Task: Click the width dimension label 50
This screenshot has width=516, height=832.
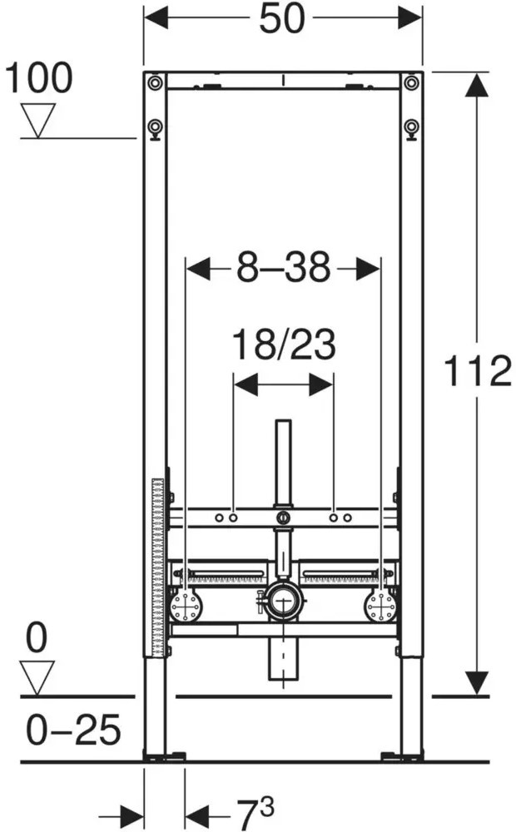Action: click(x=282, y=18)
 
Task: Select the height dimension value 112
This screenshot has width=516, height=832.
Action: click(x=477, y=370)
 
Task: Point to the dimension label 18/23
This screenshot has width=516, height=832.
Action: click(x=284, y=344)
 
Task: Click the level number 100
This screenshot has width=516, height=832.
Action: click(x=39, y=78)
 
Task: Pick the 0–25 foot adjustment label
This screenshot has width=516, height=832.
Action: click(x=74, y=729)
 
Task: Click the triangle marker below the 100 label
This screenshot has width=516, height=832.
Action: click(x=38, y=121)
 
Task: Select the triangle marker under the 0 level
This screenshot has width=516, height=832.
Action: click(x=37, y=677)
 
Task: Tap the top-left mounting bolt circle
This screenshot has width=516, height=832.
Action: click(x=155, y=82)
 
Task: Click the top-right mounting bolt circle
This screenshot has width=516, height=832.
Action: click(x=411, y=82)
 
